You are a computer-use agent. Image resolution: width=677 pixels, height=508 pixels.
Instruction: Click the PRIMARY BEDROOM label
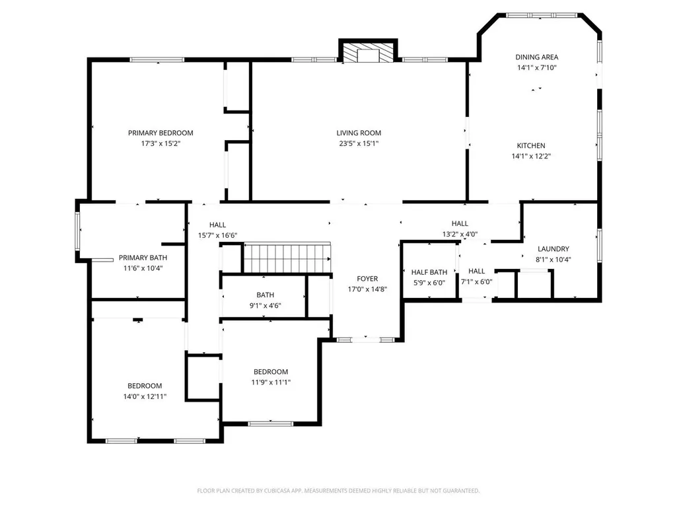pyautogui.click(x=160, y=133)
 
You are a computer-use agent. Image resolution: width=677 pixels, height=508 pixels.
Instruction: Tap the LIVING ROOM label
pyautogui.click(x=359, y=133)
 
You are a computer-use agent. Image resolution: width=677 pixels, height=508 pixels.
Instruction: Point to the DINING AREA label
pyautogui.click(x=537, y=57)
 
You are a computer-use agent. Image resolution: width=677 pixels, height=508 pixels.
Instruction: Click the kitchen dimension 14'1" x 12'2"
pyautogui.click(x=531, y=157)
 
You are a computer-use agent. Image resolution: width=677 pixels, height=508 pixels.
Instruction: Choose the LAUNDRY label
pyautogui.click(x=553, y=249)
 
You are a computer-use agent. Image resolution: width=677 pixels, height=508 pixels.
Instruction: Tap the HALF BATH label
pyautogui.click(x=429, y=272)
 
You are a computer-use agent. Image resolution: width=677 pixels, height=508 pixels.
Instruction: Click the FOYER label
pyautogui.click(x=367, y=279)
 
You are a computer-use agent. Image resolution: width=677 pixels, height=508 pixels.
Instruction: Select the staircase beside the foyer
pyautogui.click(x=287, y=258)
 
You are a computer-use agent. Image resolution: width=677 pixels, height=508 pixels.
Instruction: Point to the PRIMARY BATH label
pyautogui.click(x=143, y=258)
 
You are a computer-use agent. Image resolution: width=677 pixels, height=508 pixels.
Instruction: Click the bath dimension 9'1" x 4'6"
pyautogui.click(x=265, y=306)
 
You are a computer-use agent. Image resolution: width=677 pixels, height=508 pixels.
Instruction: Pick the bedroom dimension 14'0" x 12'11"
pyautogui.click(x=145, y=396)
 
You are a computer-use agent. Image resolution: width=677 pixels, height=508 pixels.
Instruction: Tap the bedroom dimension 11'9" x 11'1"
pyautogui.click(x=271, y=382)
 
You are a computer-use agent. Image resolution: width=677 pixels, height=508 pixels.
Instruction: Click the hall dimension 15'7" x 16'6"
pyautogui.click(x=217, y=235)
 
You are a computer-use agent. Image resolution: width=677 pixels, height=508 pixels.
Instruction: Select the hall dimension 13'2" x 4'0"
pyautogui.click(x=460, y=234)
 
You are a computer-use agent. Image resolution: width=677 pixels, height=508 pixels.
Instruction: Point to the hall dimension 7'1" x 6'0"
pyautogui.click(x=477, y=281)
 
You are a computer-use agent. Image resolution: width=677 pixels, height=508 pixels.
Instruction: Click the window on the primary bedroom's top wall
pyautogui.click(x=157, y=59)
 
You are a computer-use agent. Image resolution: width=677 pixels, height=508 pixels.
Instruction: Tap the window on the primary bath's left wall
pyautogui.click(x=78, y=231)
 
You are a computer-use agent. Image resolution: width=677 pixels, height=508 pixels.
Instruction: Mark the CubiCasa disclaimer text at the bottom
pyautogui.click(x=338, y=491)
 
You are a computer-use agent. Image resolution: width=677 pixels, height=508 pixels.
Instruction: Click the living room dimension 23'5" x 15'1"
pyautogui.click(x=359, y=144)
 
